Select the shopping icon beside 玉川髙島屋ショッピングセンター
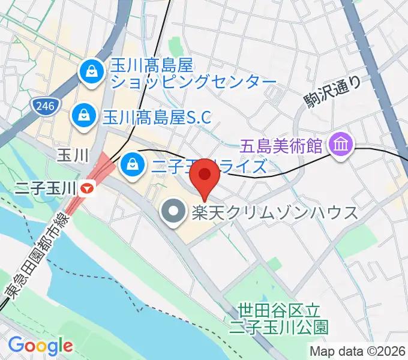tap(91, 73)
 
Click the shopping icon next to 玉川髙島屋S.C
tap(83, 116)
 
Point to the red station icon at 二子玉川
tap(88, 189)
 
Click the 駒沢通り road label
tap(333, 94)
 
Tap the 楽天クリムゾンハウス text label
tap(275, 212)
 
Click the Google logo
tap(40, 345)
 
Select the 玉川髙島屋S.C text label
tap(157, 116)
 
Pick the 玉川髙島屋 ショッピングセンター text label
tap(192, 72)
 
